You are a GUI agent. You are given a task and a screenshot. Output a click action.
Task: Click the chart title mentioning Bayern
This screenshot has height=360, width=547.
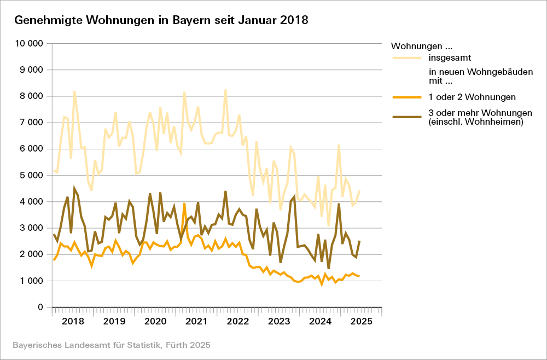point(161,21)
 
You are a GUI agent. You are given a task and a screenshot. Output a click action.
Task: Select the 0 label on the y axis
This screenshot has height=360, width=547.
point(40,307)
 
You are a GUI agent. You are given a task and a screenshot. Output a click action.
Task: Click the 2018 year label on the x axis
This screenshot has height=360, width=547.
point(73,321)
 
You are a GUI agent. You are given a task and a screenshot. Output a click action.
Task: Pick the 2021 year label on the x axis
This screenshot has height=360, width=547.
point(195,321)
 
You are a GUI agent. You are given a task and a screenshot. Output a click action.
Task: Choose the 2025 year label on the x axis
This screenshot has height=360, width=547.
point(360,321)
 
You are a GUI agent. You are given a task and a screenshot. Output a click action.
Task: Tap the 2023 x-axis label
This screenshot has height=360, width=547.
point(278,321)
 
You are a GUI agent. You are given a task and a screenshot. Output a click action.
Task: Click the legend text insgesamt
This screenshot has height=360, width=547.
point(450,57)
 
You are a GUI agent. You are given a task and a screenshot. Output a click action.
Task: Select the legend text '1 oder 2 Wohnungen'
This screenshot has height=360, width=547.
point(472,97)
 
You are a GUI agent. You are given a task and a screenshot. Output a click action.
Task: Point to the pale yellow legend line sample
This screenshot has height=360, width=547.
point(407,57)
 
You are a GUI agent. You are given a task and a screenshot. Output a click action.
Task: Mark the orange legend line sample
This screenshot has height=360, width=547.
point(407,97)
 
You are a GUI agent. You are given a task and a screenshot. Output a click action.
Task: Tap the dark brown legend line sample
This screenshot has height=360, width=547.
point(407,114)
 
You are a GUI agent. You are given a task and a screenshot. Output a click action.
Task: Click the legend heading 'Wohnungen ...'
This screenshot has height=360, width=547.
point(422,45)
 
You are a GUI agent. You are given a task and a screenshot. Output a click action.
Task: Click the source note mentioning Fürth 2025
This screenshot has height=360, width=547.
point(111,345)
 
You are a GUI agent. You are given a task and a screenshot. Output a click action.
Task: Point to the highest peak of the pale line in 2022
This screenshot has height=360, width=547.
point(225,90)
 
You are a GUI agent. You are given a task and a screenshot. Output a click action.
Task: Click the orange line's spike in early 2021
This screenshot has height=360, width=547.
point(184,204)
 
